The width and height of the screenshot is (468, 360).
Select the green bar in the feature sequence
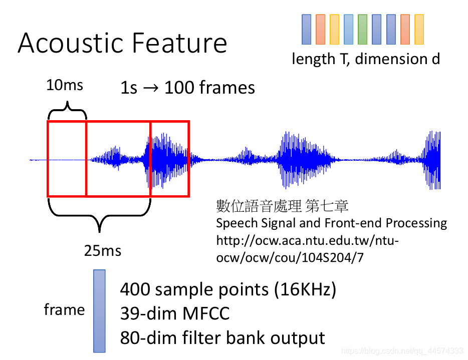coord(362,29)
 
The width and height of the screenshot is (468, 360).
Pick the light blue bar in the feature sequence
coord(348,29)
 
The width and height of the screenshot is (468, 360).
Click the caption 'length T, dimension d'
coord(366,59)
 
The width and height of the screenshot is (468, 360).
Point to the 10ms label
coord(65,85)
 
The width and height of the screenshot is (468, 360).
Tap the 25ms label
coord(102,250)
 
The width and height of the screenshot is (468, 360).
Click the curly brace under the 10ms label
coord(67,109)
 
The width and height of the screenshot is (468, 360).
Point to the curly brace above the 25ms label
coord(99,215)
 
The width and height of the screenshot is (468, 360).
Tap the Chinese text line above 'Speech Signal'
coord(282,206)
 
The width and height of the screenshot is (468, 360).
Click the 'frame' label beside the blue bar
coord(64,309)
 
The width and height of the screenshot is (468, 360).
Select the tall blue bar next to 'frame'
coord(99,311)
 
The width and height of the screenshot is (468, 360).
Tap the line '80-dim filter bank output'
coord(222,338)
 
